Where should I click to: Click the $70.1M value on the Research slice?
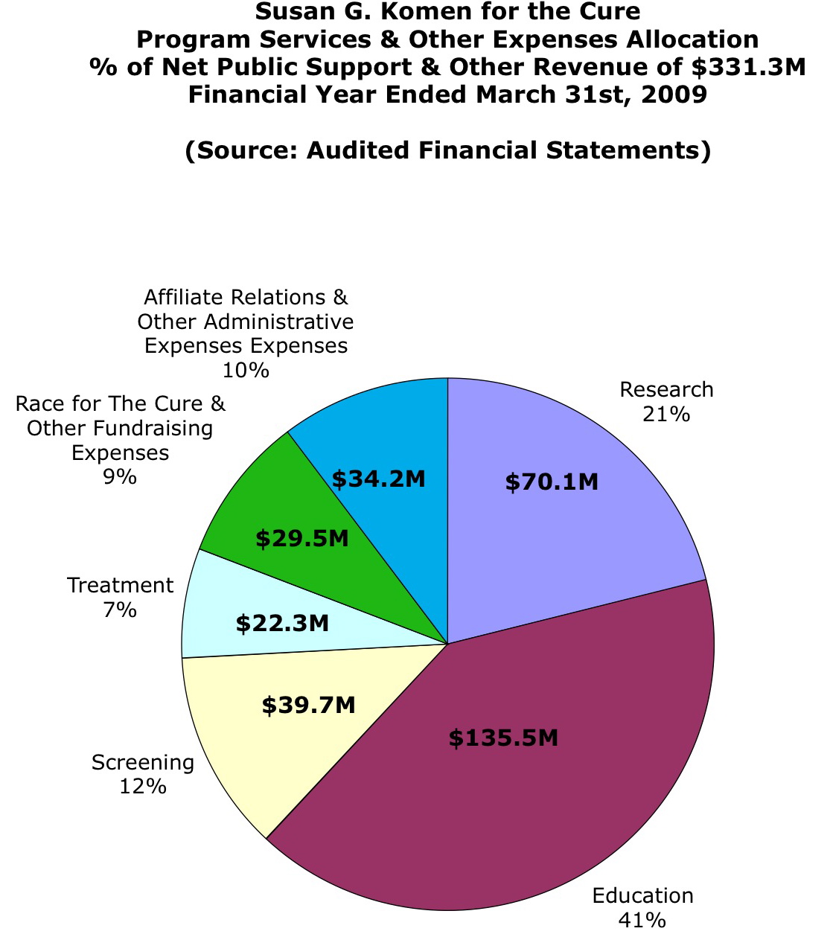coord(552,482)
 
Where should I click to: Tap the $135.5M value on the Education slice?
coord(503,738)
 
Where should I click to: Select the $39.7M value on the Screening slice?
coord(308,704)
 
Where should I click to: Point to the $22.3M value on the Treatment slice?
coord(282,623)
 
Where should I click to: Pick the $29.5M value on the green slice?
coord(301,538)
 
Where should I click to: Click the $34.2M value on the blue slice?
coord(378,479)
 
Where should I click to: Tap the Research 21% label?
coord(666,401)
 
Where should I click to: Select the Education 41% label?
coord(642,907)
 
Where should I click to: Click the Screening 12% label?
coord(143,774)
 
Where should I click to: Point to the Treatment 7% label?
coord(120,598)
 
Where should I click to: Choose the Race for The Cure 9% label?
coord(120,440)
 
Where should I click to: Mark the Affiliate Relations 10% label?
coord(246,333)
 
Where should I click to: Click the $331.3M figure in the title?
coord(748,67)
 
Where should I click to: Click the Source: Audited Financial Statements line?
coord(447,150)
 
